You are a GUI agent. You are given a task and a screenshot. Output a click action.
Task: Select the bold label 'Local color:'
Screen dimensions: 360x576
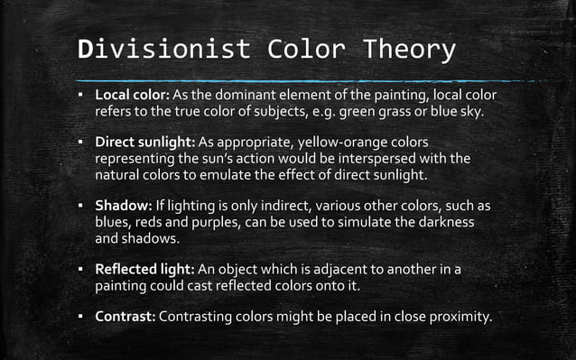tap(130, 96)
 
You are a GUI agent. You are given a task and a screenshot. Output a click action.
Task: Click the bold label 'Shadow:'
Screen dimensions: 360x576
tap(123, 206)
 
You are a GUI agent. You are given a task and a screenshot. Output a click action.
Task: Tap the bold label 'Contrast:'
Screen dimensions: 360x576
tap(125, 317)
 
